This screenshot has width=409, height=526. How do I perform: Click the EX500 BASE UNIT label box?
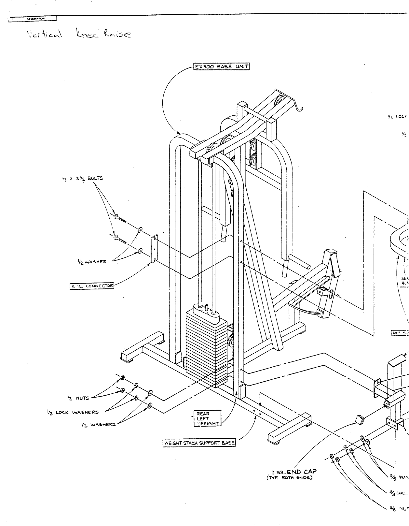[221, 66]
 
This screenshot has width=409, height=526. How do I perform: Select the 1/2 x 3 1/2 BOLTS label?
[82, 178]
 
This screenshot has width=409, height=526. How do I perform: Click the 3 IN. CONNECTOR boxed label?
[92, 286]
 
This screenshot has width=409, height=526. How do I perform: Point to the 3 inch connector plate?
[154, 249]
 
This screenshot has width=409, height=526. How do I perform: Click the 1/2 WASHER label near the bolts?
[92, 262]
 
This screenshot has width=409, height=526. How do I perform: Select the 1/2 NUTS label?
[77, 398]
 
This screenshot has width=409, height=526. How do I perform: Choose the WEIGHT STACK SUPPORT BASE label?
[199, 443]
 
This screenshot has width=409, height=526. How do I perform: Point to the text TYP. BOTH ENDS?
[289, 478]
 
